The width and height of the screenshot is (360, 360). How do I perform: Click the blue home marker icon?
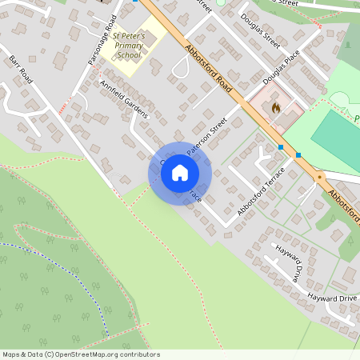click(x=180, y=172)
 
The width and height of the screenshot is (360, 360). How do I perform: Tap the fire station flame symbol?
click(x=276, y=106)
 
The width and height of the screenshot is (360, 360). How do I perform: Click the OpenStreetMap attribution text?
click(x=80, y=354)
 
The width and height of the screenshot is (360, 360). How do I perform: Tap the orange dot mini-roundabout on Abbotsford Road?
click(x=318, y=176)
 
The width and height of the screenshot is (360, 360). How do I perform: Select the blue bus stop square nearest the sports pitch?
click(x=298, y=154)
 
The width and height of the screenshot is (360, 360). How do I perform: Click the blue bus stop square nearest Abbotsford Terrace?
click(x=281, y=146)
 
